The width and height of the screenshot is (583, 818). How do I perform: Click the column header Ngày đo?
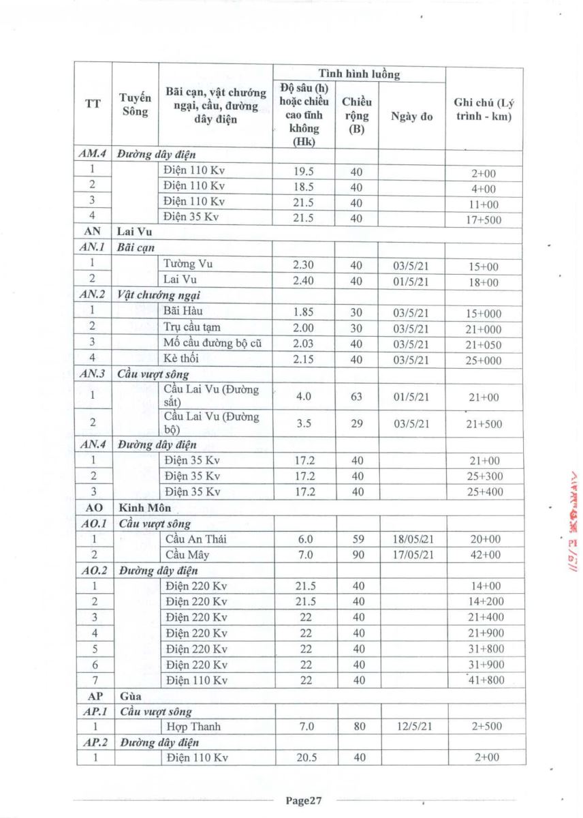411,117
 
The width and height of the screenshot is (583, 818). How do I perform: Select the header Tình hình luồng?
359,74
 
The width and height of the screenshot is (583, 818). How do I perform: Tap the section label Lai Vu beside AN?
135,231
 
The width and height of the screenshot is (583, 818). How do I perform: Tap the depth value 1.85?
303,312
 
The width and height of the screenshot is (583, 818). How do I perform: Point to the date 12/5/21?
411,727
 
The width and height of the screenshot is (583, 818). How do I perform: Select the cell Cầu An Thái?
196,539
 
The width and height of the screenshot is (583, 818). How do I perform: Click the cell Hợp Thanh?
193,727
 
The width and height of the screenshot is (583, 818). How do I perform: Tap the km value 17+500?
486,219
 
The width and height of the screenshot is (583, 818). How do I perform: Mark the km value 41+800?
486,680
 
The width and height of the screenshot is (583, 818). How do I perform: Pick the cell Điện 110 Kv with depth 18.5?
194,186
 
